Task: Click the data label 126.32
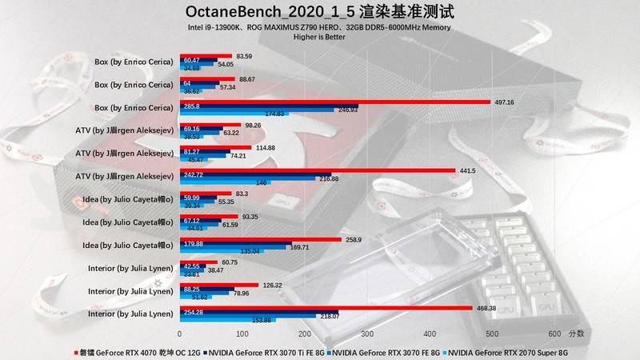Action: pos(274,284)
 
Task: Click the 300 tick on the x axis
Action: pos(366,333)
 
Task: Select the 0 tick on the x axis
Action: pos(179,333)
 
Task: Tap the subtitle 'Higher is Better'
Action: pos(320,37)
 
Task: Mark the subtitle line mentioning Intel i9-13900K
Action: pos(320,27)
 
